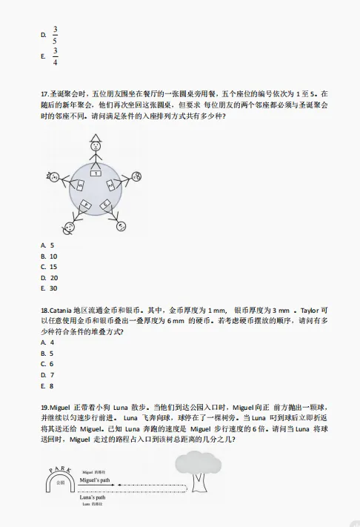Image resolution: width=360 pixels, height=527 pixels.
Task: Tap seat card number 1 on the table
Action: tap(96, 173)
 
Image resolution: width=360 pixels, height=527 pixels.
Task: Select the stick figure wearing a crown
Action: tap(54, 177)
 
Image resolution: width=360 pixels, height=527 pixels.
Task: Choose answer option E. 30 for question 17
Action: tap(50, 288)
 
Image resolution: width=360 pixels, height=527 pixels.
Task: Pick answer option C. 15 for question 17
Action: tap(50, 266)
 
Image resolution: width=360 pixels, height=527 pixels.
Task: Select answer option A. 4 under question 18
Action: tap(47, 342)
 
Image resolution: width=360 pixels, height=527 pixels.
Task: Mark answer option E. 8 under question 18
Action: tap(47, 385)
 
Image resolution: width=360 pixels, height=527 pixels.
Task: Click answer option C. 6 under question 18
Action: tap(47, 364)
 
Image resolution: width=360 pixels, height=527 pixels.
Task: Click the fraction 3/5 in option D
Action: tap(55, 35)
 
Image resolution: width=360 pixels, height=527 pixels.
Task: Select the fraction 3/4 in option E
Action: tap(55, 56)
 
